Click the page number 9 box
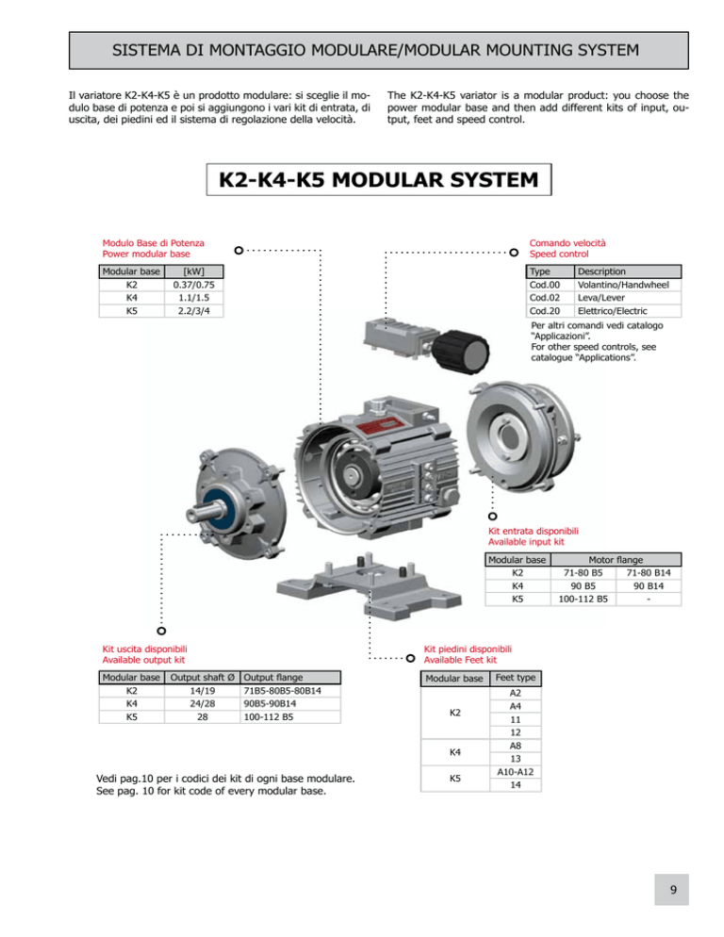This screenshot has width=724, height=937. point(671,889)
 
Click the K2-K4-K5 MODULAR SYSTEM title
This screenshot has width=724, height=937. point(378,179)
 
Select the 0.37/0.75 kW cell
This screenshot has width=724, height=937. point(193,285)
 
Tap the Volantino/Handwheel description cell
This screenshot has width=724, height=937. point(627,285)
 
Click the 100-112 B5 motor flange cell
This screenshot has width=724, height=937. point(583,599)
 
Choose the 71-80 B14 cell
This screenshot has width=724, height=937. point(649,572)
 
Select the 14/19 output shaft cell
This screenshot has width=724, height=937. point(203,691)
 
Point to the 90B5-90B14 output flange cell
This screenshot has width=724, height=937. point(290,704)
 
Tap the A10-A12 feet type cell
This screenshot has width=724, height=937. point(516,772)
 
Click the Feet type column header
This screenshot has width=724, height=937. point(516,678)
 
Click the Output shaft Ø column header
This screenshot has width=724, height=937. point(203,678)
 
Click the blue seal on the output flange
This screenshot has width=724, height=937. point(219,509)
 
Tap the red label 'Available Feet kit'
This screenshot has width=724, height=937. point(460,660)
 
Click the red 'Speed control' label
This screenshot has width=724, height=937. point(558,254)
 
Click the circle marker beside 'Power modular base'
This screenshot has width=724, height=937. point(239,251)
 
